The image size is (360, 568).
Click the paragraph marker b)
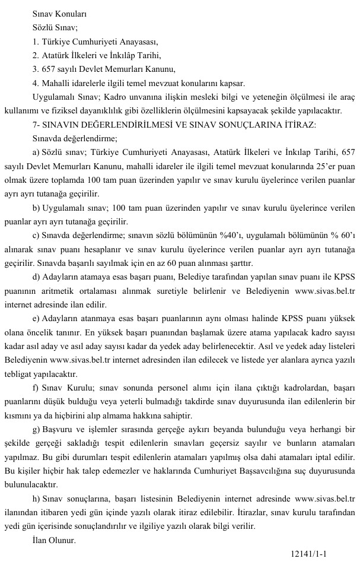[x=37, y=207]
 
